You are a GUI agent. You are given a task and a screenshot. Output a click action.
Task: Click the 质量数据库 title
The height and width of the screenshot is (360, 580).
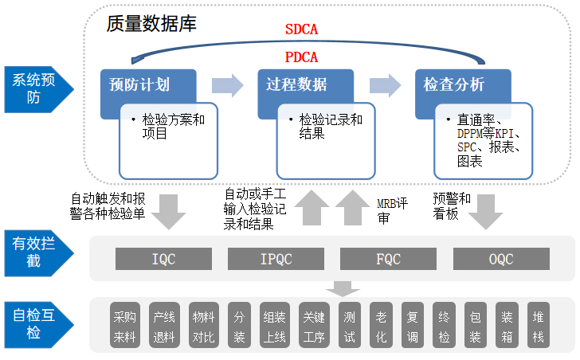click(x=151, y=23)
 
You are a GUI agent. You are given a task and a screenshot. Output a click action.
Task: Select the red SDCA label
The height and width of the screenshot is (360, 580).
click(x=301, y=30)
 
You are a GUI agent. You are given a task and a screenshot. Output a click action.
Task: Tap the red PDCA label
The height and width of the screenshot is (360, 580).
click(x=301, y=57)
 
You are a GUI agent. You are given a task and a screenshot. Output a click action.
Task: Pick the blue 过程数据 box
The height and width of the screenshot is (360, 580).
click(x=292, y=85)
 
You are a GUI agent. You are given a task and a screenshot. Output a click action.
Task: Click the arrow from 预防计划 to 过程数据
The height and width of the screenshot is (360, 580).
click(x=226, y=85)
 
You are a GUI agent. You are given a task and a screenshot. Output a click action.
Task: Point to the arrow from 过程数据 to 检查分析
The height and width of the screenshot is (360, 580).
click(x=385, y=85)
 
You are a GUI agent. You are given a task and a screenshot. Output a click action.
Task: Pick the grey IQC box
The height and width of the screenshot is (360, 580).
click(x=163, y=259)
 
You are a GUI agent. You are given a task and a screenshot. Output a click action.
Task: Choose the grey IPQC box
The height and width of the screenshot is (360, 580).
click(x=276, y=259)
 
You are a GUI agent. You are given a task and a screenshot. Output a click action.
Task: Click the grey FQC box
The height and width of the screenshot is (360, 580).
click(x=388, y=259)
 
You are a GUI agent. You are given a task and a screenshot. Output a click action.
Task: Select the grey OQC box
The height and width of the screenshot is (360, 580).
click(x=501, y=259)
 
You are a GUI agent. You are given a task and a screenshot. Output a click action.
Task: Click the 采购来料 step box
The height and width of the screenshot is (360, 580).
click(x=126, y=324)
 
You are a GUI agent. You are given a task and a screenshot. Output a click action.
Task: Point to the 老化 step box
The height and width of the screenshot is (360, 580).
click(x=381, y=324)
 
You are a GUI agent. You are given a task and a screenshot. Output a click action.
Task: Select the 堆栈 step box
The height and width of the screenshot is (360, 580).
click(x=539, y=324)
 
